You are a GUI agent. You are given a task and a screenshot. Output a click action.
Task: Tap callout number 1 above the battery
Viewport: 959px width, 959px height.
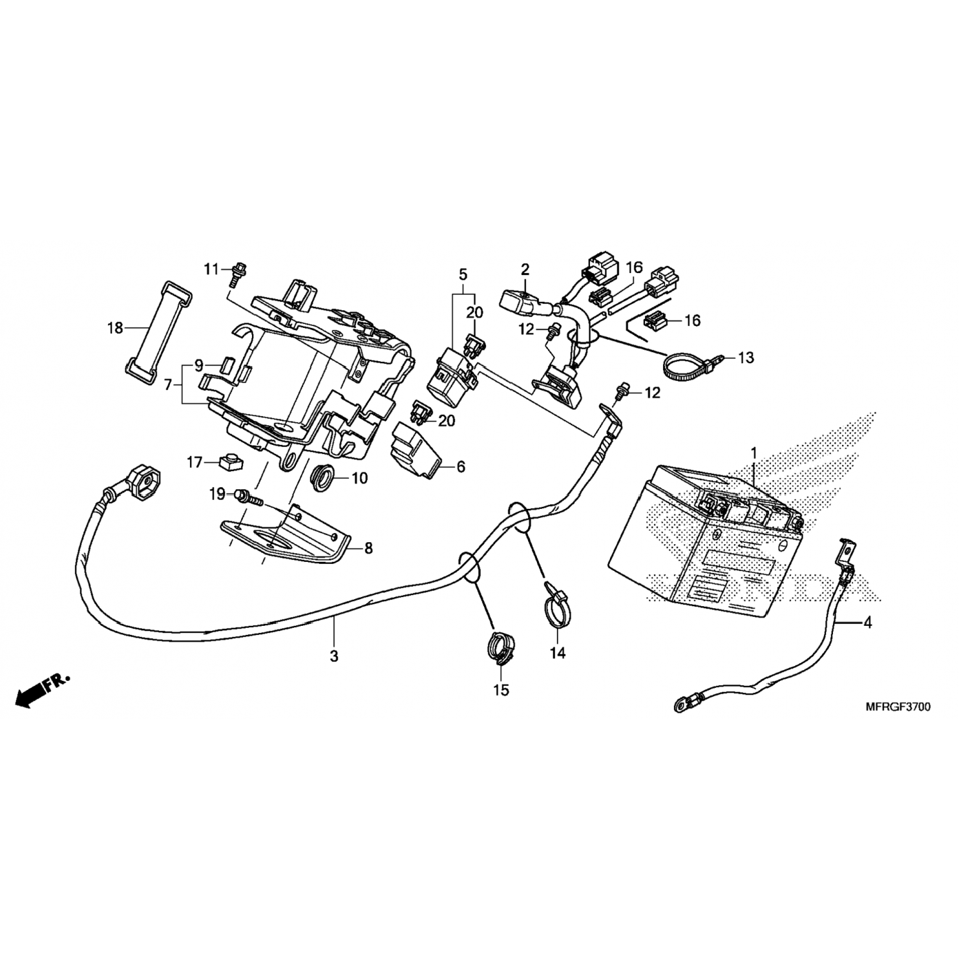point(754,453)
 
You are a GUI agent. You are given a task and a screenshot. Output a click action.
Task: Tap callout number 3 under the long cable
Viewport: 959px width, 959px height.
point(334,657)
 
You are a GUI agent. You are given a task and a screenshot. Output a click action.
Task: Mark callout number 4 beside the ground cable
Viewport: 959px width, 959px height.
point(867,621)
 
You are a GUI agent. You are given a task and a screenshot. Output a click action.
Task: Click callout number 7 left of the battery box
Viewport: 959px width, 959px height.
point(168,386)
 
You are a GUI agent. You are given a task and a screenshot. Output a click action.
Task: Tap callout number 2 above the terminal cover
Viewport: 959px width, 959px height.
point(525,269)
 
